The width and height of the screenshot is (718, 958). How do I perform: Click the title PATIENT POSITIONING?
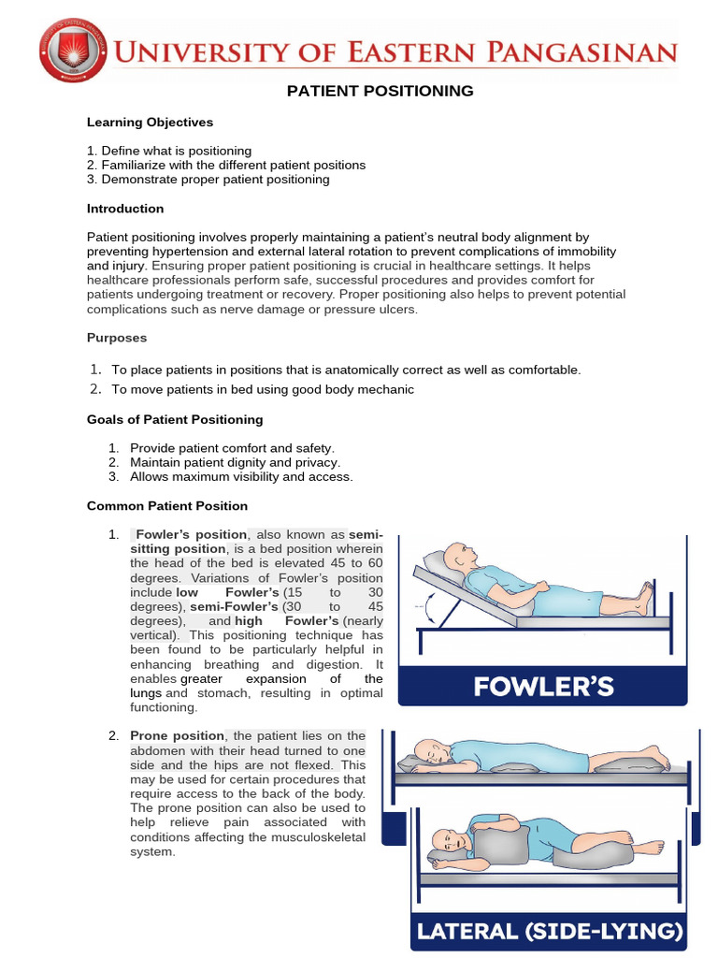click(380, 91)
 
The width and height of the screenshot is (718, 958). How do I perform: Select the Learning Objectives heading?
click(150, 122)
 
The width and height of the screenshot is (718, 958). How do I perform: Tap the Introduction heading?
click(125, 209)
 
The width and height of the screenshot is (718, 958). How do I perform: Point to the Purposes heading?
click(117, 338)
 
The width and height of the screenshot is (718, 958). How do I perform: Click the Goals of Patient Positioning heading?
click(175, 419)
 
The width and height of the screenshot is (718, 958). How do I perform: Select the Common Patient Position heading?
click(167, 506)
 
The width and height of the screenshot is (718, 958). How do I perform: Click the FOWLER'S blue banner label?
click(542, 688)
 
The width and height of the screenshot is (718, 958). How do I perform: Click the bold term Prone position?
click(177, 736)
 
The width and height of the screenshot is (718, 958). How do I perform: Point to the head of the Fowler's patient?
click(458, 556)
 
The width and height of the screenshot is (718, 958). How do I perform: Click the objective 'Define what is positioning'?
click(176, 151)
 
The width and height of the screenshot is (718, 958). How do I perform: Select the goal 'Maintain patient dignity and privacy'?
click(235, 462)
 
